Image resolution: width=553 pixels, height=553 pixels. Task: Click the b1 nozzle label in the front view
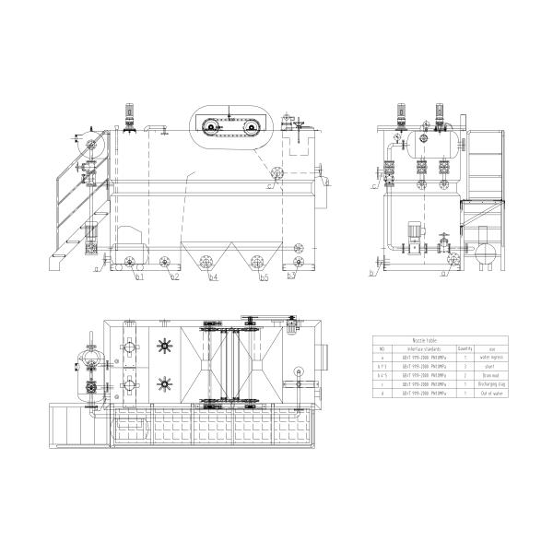tap(140, 276)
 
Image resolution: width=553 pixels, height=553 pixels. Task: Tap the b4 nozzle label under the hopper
tap(214, 276)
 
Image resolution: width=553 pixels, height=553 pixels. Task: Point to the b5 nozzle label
tap(264, 276)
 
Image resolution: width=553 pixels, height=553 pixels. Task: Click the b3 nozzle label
tap(291, 276)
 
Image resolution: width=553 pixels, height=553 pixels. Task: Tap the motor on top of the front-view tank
tap(128, 115)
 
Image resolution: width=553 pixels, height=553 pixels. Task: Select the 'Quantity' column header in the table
tap(465, 349)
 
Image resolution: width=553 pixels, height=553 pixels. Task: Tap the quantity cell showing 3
tap(465, 367)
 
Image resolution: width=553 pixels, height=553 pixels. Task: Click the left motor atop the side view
tap(401, 114)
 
